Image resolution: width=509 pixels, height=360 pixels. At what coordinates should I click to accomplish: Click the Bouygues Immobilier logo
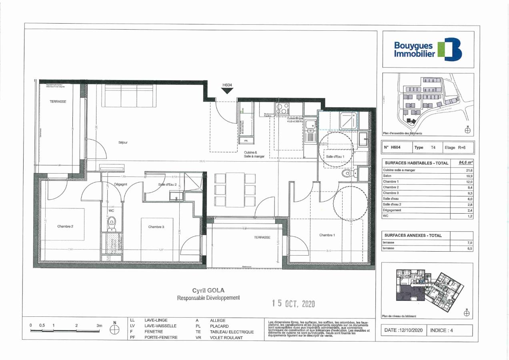(x=428, y=49)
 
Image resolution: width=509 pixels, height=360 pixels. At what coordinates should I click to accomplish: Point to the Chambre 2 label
(x=65, y=226)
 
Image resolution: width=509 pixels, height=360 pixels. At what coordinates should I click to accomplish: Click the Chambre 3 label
(x=156, y=227)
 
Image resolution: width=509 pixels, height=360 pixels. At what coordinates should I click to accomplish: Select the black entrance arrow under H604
(x=227, y=90)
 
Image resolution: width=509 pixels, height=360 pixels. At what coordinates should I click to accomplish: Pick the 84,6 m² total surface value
(x=465, y=163)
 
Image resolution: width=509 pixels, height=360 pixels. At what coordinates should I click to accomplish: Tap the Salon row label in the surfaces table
(x=388, y=176)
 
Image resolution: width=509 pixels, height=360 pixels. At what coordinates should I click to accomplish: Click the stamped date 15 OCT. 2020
(x=293, y=304)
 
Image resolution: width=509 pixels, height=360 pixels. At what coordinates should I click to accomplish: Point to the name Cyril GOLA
(x=208, y=291)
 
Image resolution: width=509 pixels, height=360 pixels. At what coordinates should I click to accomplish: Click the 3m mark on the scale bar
(x=99, y=326)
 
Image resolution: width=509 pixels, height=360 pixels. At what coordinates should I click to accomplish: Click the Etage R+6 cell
(x=455, y=147)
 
